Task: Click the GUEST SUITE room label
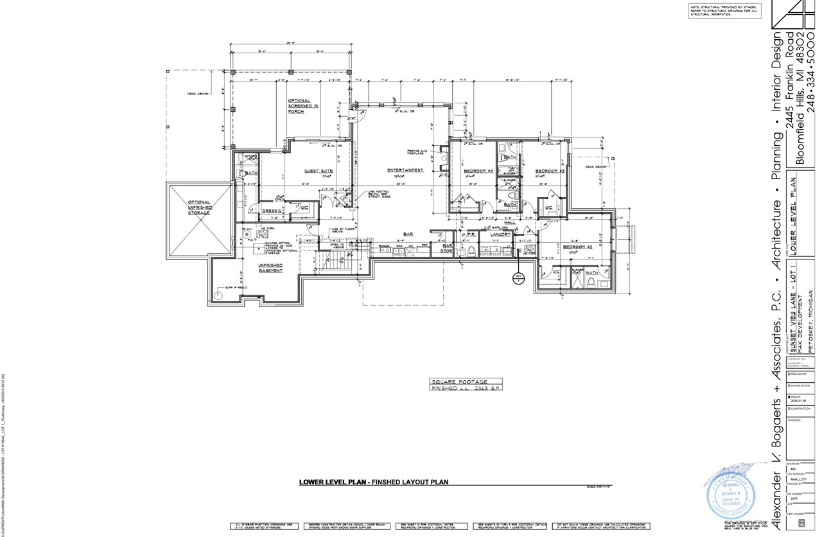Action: tap(318, 171)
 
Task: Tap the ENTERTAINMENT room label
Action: tap(405, 170)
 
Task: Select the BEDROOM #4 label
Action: tap(478, 171)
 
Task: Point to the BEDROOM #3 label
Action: tap(550, 171)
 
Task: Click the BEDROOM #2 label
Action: tap(577, 247)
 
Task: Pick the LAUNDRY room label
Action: tap(500, 234)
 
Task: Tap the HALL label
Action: tap(510, 222)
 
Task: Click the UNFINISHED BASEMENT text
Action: tap(270, 268)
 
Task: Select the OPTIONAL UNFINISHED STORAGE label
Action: tap(199, 207)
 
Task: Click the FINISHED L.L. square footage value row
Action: tap(465, 389)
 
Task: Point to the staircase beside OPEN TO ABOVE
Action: tap(333, 260)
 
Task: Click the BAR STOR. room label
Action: tap(447, 248)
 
